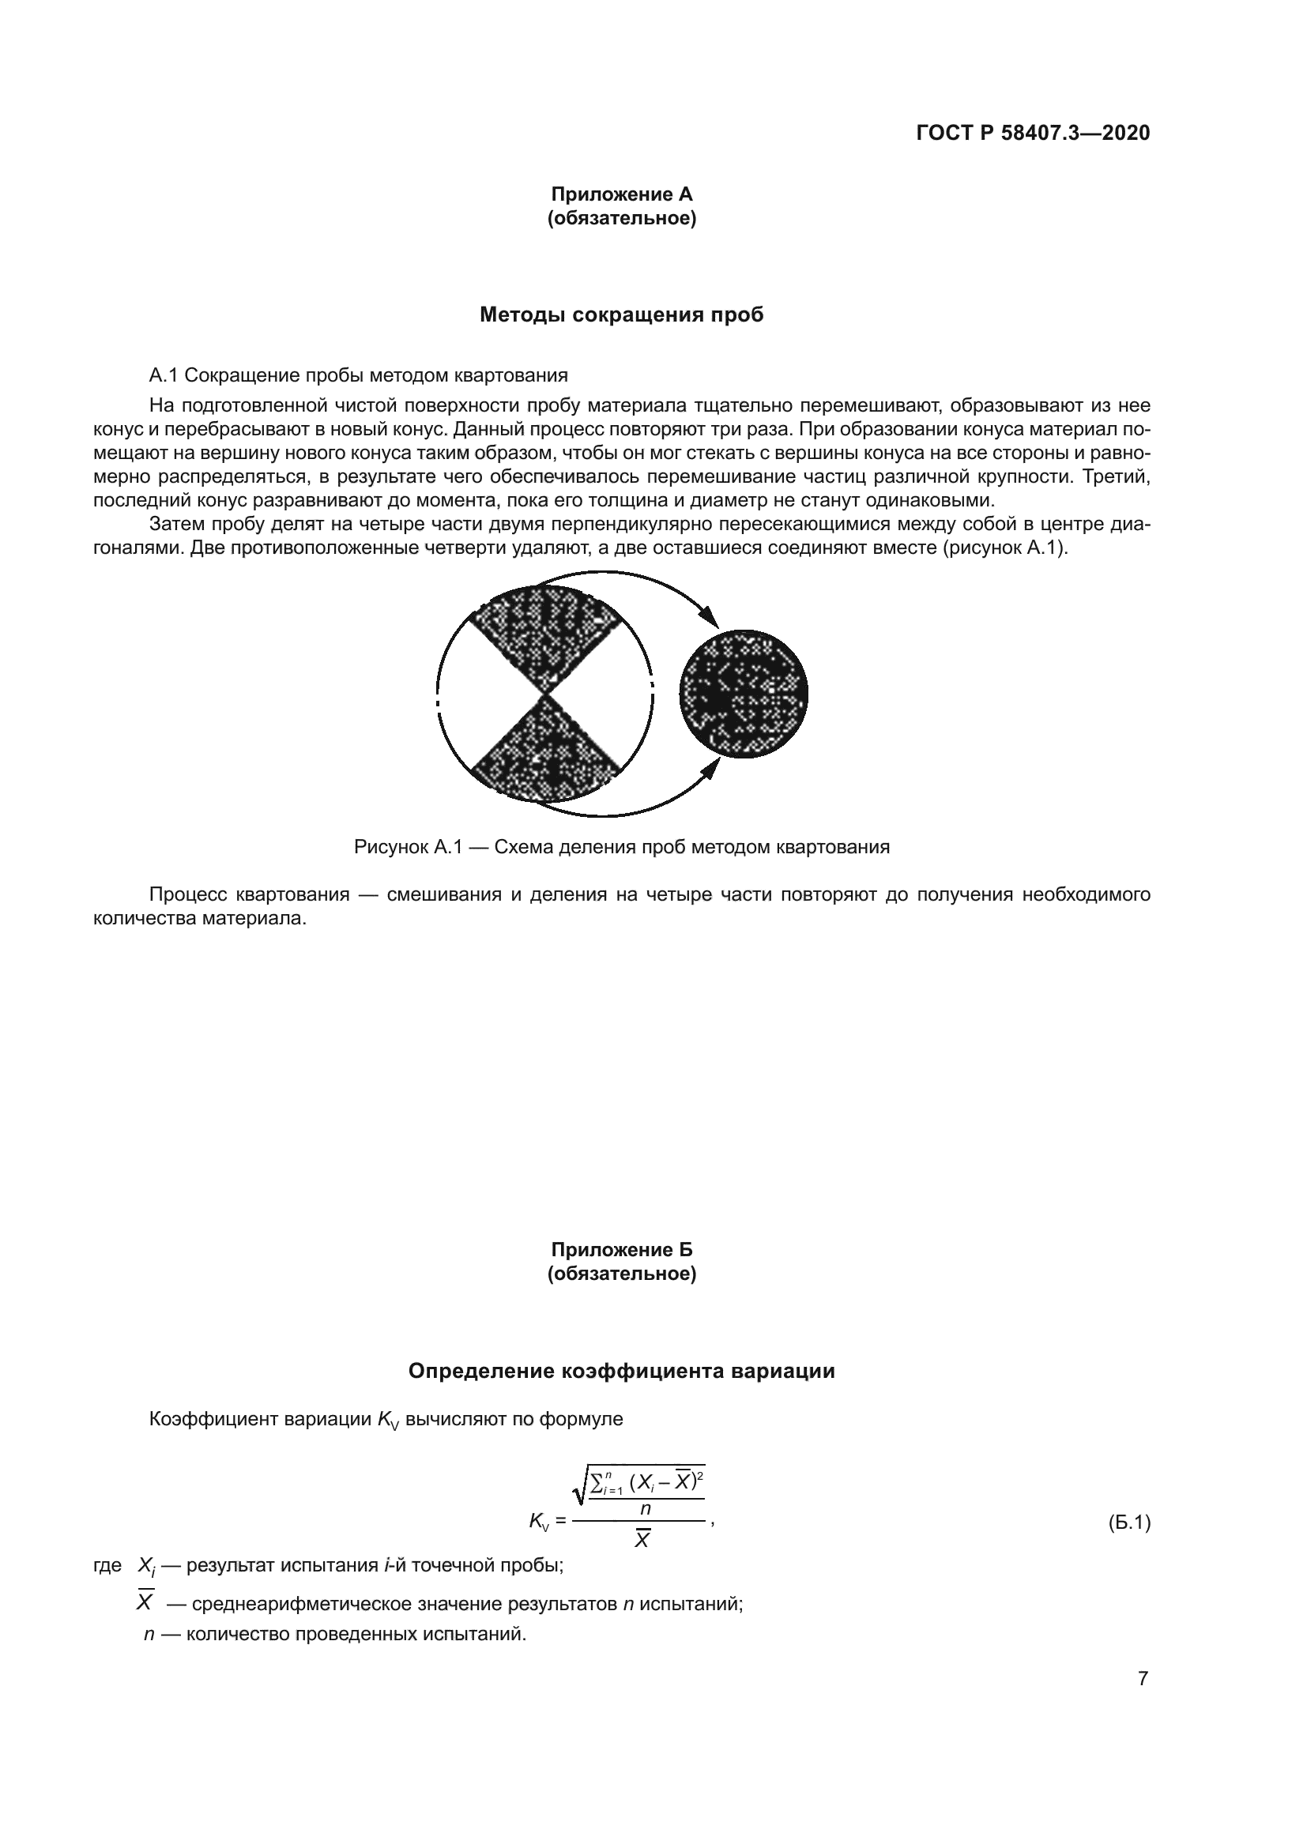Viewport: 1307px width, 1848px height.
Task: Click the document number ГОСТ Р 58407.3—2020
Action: click(1033, 133)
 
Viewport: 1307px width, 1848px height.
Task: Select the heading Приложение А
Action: click(621, 194)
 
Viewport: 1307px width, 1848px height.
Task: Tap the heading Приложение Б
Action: click(621, 1249)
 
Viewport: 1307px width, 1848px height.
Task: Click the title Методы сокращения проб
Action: click(621, 314)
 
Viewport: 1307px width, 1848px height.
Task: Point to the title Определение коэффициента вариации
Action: click(621, 1371)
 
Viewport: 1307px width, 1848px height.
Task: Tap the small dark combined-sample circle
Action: click(744, 693)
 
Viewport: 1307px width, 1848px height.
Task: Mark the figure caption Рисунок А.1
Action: click(621, 847)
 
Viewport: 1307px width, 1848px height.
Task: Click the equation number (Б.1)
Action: click(1129, 1522)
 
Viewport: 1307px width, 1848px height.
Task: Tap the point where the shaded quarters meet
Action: click(547, 694)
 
